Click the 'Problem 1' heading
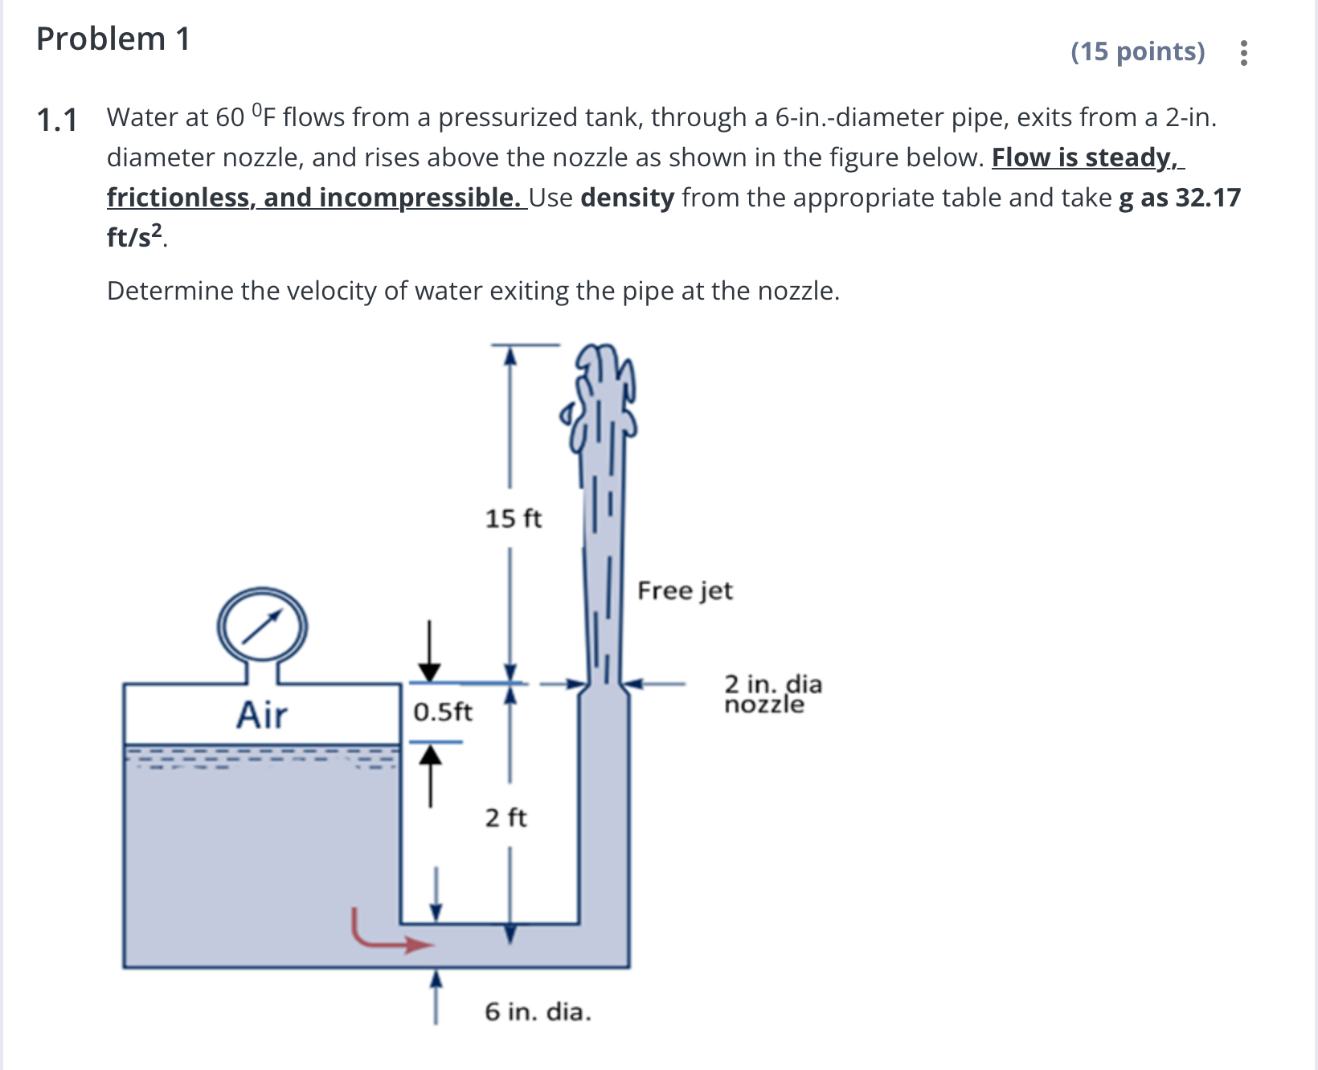click(x=113, y=39)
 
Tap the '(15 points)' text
click(x=1137, y=51)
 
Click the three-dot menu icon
click(x=1243, y=53)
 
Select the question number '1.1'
click(x=57, y=120)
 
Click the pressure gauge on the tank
click(x=262, y=627)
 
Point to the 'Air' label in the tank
click(x=262, y=714)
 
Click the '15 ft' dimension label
click(x=513, y=518)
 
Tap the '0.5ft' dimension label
click(x=443, y=712)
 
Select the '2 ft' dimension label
click(x=506, y=818)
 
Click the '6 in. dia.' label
click(x=538, y=1011)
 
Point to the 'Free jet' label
click(x=685, y=590)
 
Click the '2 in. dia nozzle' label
click(x=772, y=694)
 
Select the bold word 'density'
click(x=627, y=198)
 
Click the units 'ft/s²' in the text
click(x=134, y=237)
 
